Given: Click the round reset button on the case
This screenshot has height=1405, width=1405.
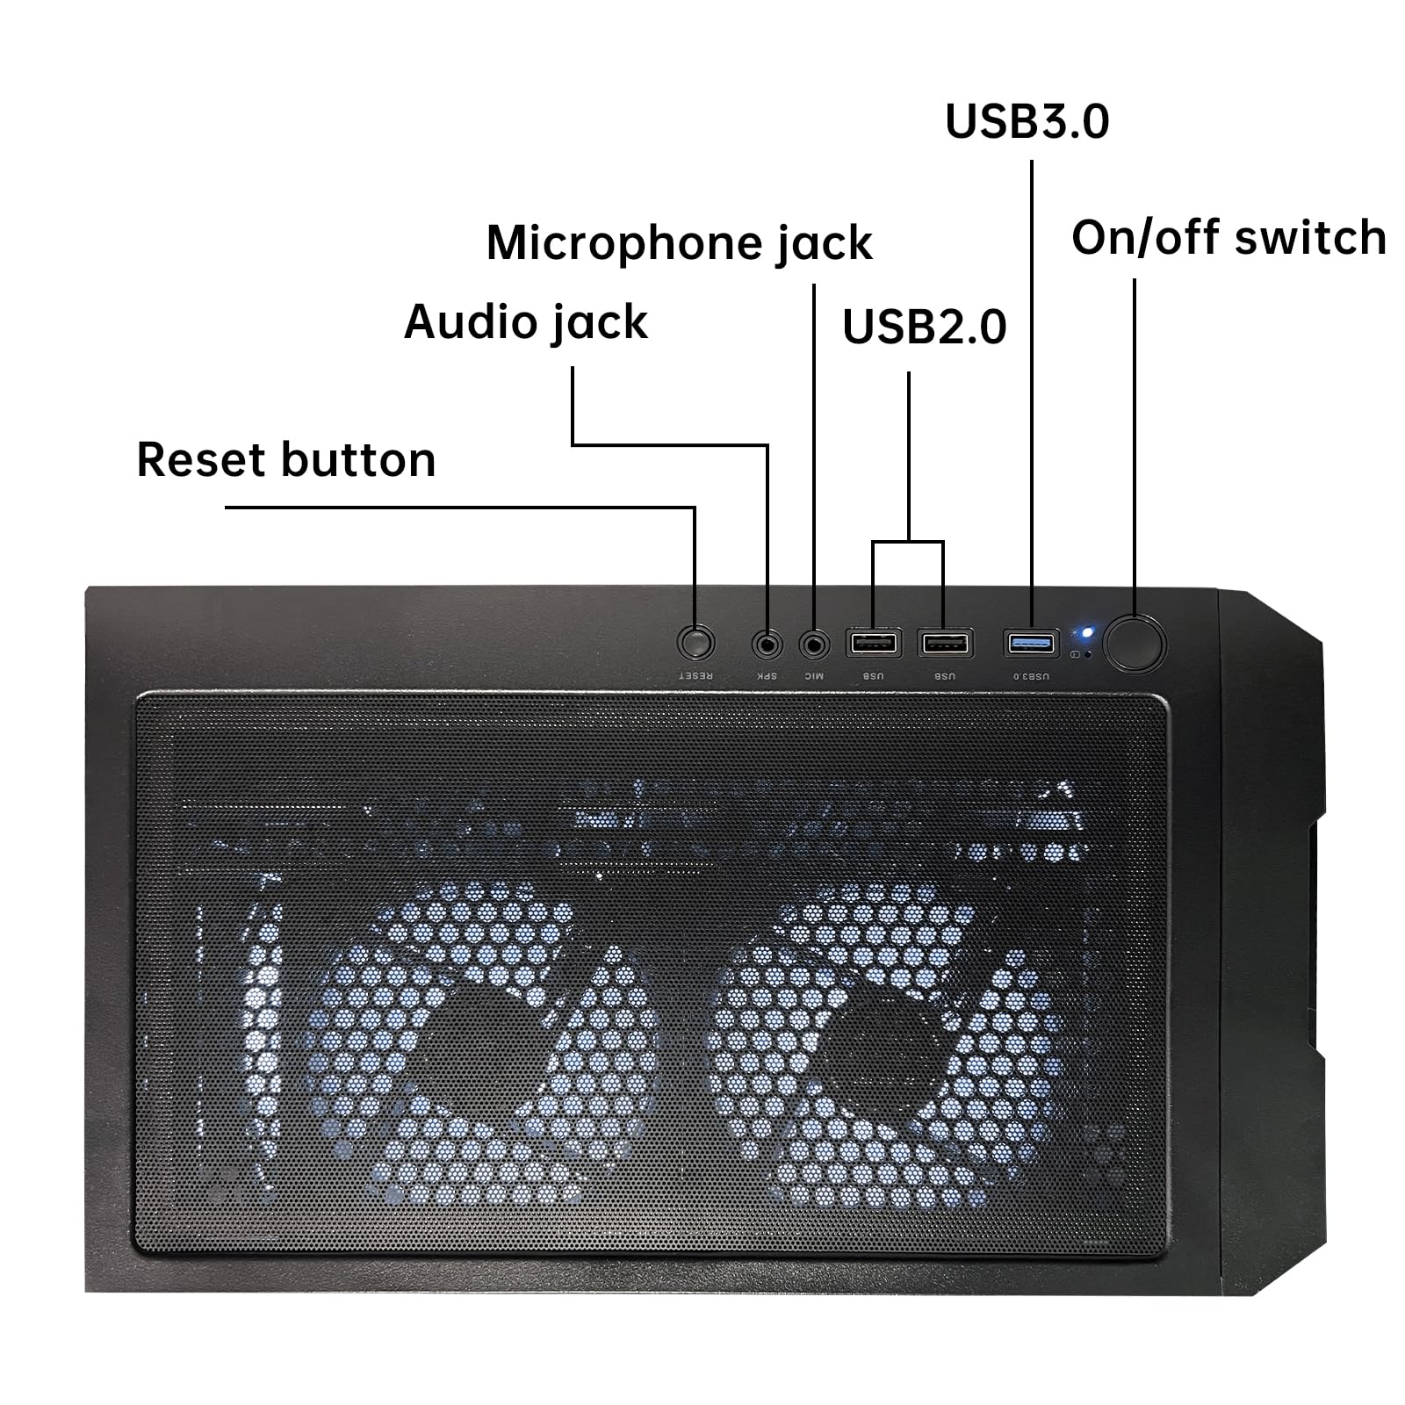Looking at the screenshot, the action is coord(695,644).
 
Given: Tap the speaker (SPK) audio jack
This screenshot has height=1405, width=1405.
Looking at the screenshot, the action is coord(767,645).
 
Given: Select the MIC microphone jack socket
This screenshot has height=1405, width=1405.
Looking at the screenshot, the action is coord(814,645).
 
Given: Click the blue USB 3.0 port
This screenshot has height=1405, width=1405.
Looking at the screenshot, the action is coord(1031,643).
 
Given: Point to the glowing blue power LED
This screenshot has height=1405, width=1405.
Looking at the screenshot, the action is coord(1087,632).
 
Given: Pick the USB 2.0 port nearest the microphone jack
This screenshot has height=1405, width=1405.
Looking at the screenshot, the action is coord(873,643).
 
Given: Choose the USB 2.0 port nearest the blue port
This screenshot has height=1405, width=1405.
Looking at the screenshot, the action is coord(944,643).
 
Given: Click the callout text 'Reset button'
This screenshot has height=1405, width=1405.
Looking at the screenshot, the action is coord(286,460).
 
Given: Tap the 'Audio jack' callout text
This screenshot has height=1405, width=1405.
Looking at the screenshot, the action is coord(525,322).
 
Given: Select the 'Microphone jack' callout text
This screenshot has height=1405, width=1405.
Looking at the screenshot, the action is coord(679,243).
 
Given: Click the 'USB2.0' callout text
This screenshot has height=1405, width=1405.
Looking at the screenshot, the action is coord(924,327).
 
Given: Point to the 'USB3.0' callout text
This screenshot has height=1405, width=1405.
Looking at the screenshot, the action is coord(1027,121).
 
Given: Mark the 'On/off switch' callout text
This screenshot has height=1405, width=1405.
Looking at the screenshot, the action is coord(1228,238).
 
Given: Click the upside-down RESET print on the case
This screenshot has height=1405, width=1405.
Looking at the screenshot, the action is coord(695,676).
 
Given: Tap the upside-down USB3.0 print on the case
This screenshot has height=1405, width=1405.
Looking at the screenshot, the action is coord(1031,676).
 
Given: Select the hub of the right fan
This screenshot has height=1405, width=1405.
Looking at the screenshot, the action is coord(887,1045).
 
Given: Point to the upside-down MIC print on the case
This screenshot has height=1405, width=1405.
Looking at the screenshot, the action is coord(814,676).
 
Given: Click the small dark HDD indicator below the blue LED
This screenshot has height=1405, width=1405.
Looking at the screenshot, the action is coord(1090,654).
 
